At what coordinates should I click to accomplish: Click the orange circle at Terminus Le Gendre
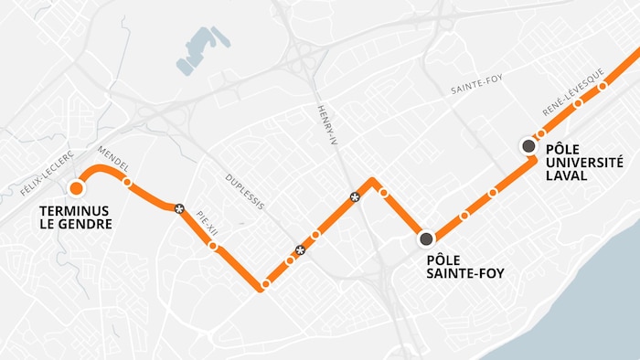pos(76,188)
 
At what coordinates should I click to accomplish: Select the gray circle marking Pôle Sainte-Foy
pos(426,239)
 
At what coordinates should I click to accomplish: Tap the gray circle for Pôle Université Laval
pos(528,146)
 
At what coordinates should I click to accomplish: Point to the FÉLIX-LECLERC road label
pos(46,174)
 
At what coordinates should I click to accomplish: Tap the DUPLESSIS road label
pos(245,189)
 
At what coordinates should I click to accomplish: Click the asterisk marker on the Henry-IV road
pos(355,196)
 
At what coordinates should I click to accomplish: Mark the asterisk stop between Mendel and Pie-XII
pos(179,208)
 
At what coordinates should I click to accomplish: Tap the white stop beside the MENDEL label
pos(127,182)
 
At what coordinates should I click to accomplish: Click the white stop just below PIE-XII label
pos(213,246)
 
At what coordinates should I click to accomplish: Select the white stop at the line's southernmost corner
pos(265,285)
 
